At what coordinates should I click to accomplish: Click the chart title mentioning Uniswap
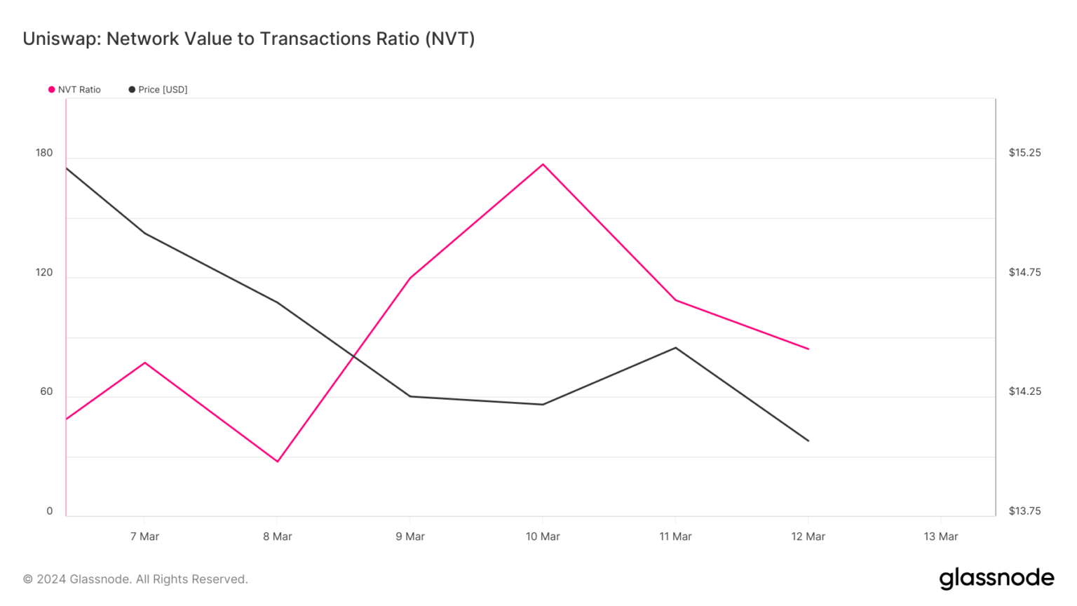pos(248,39)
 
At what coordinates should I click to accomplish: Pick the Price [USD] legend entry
pos(158,90)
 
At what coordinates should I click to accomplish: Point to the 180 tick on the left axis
pos(44,153)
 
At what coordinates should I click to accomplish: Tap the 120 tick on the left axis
pos(44,272)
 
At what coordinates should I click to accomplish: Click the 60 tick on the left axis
pos(46,391)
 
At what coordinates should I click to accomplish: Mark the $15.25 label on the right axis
pos(1024,153)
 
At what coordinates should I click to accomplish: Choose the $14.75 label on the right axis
pos(1024,272)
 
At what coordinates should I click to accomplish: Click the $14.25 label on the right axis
pos(1024,391)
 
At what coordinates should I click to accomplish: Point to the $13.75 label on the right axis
pos(1024,511)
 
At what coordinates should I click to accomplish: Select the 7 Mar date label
pos(144,537)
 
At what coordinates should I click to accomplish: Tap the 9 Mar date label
pos(410,537)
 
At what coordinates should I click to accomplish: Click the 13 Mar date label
pos(940,537)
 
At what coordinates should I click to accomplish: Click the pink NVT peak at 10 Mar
pos(543,164)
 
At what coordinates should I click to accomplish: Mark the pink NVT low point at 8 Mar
pos(278,462)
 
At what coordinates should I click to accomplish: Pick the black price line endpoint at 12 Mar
pos(808,441)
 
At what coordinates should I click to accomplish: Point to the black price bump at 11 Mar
pos(675,347)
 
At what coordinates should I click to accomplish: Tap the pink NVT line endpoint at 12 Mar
pos(808,349)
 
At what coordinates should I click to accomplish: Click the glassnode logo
pos(996,579)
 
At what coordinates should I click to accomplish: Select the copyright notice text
pos(135,579)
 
